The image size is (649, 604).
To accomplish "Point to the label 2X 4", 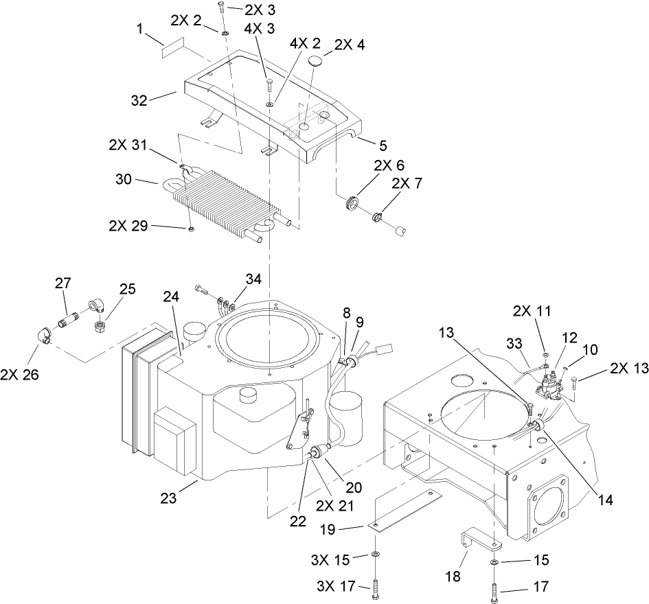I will pyautogui.click(x=350, y=45).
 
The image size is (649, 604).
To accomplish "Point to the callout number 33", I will pyautogui.click(x=514, y=342).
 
